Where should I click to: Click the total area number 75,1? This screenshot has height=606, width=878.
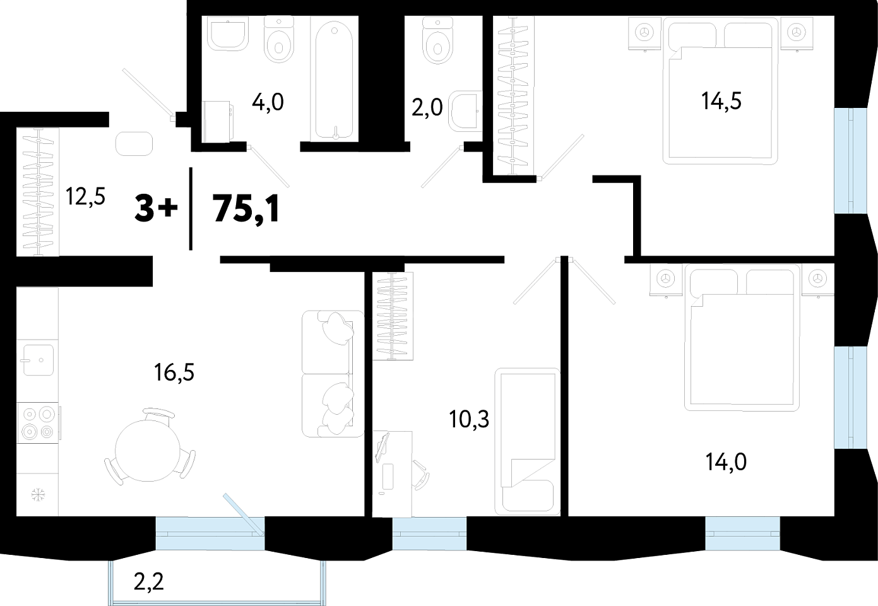pos(246,210)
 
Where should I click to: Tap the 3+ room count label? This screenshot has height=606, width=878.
pos(156,209)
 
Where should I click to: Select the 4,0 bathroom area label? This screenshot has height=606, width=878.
pos(268,103)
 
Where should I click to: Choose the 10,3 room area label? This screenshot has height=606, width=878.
pos(469,419)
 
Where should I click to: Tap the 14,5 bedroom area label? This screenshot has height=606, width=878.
pos(721,101)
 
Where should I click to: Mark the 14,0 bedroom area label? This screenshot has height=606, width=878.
pos(726,461)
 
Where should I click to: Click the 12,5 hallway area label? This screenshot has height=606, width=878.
pos(85,196)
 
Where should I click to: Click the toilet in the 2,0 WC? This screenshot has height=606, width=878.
pos(438,40)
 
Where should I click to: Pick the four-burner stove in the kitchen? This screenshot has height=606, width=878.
pos(38,423)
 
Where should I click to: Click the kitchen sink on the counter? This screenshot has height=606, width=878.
pos(39,360)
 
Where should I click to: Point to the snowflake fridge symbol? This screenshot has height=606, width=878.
pos(38,494)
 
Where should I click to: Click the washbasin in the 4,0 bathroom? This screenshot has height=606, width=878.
pos(228,33)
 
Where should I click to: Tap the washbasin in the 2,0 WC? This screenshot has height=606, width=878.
pos(466,111)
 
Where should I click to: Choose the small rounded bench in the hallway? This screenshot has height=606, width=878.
pos(134,143)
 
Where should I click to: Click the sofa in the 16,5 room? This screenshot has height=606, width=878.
pos(333,374)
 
